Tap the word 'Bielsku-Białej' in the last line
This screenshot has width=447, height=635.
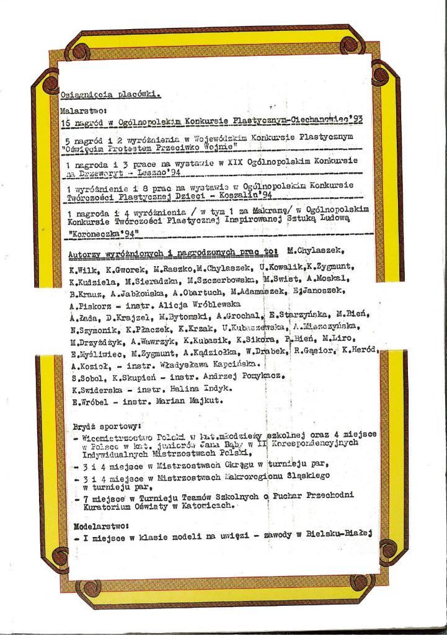(340, 536)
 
